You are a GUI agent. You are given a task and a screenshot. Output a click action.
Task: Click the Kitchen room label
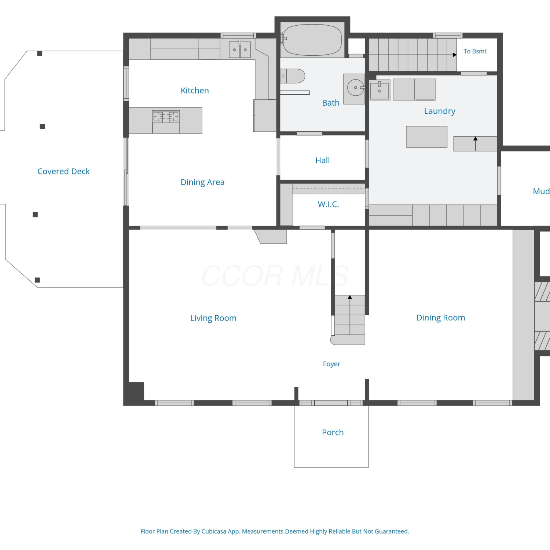point(195,91)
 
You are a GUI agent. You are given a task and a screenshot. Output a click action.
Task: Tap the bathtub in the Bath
point(312,40)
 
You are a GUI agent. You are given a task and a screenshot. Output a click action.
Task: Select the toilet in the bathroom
point(293,76)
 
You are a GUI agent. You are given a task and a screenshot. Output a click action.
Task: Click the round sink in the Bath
point(356,88)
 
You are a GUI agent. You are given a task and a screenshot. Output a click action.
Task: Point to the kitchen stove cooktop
point(166,117)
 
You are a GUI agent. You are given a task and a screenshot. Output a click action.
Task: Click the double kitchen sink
point(240,49)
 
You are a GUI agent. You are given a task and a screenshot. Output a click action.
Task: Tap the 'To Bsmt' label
point(475,51)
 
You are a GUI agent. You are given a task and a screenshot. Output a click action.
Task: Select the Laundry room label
point(440,111)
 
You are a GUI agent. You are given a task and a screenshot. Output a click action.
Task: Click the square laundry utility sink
point(379,90)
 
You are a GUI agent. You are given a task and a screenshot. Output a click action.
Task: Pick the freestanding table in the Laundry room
point(426,137)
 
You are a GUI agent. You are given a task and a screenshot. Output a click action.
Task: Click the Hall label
point(323,160)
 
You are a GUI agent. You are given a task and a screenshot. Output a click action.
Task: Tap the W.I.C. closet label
point(329,204)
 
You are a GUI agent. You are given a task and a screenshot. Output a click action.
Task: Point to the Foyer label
point(331,364)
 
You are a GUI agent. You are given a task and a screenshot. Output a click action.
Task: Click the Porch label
point(333,432)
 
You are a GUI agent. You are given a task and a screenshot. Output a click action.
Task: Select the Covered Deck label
point(63,171)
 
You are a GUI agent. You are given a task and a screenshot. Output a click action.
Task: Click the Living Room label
point(213,318)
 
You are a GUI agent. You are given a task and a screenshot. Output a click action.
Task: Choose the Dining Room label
point(441,318)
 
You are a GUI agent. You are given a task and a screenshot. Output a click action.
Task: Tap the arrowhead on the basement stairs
point(455,55)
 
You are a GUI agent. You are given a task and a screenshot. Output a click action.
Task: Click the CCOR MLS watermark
point(275,276)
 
